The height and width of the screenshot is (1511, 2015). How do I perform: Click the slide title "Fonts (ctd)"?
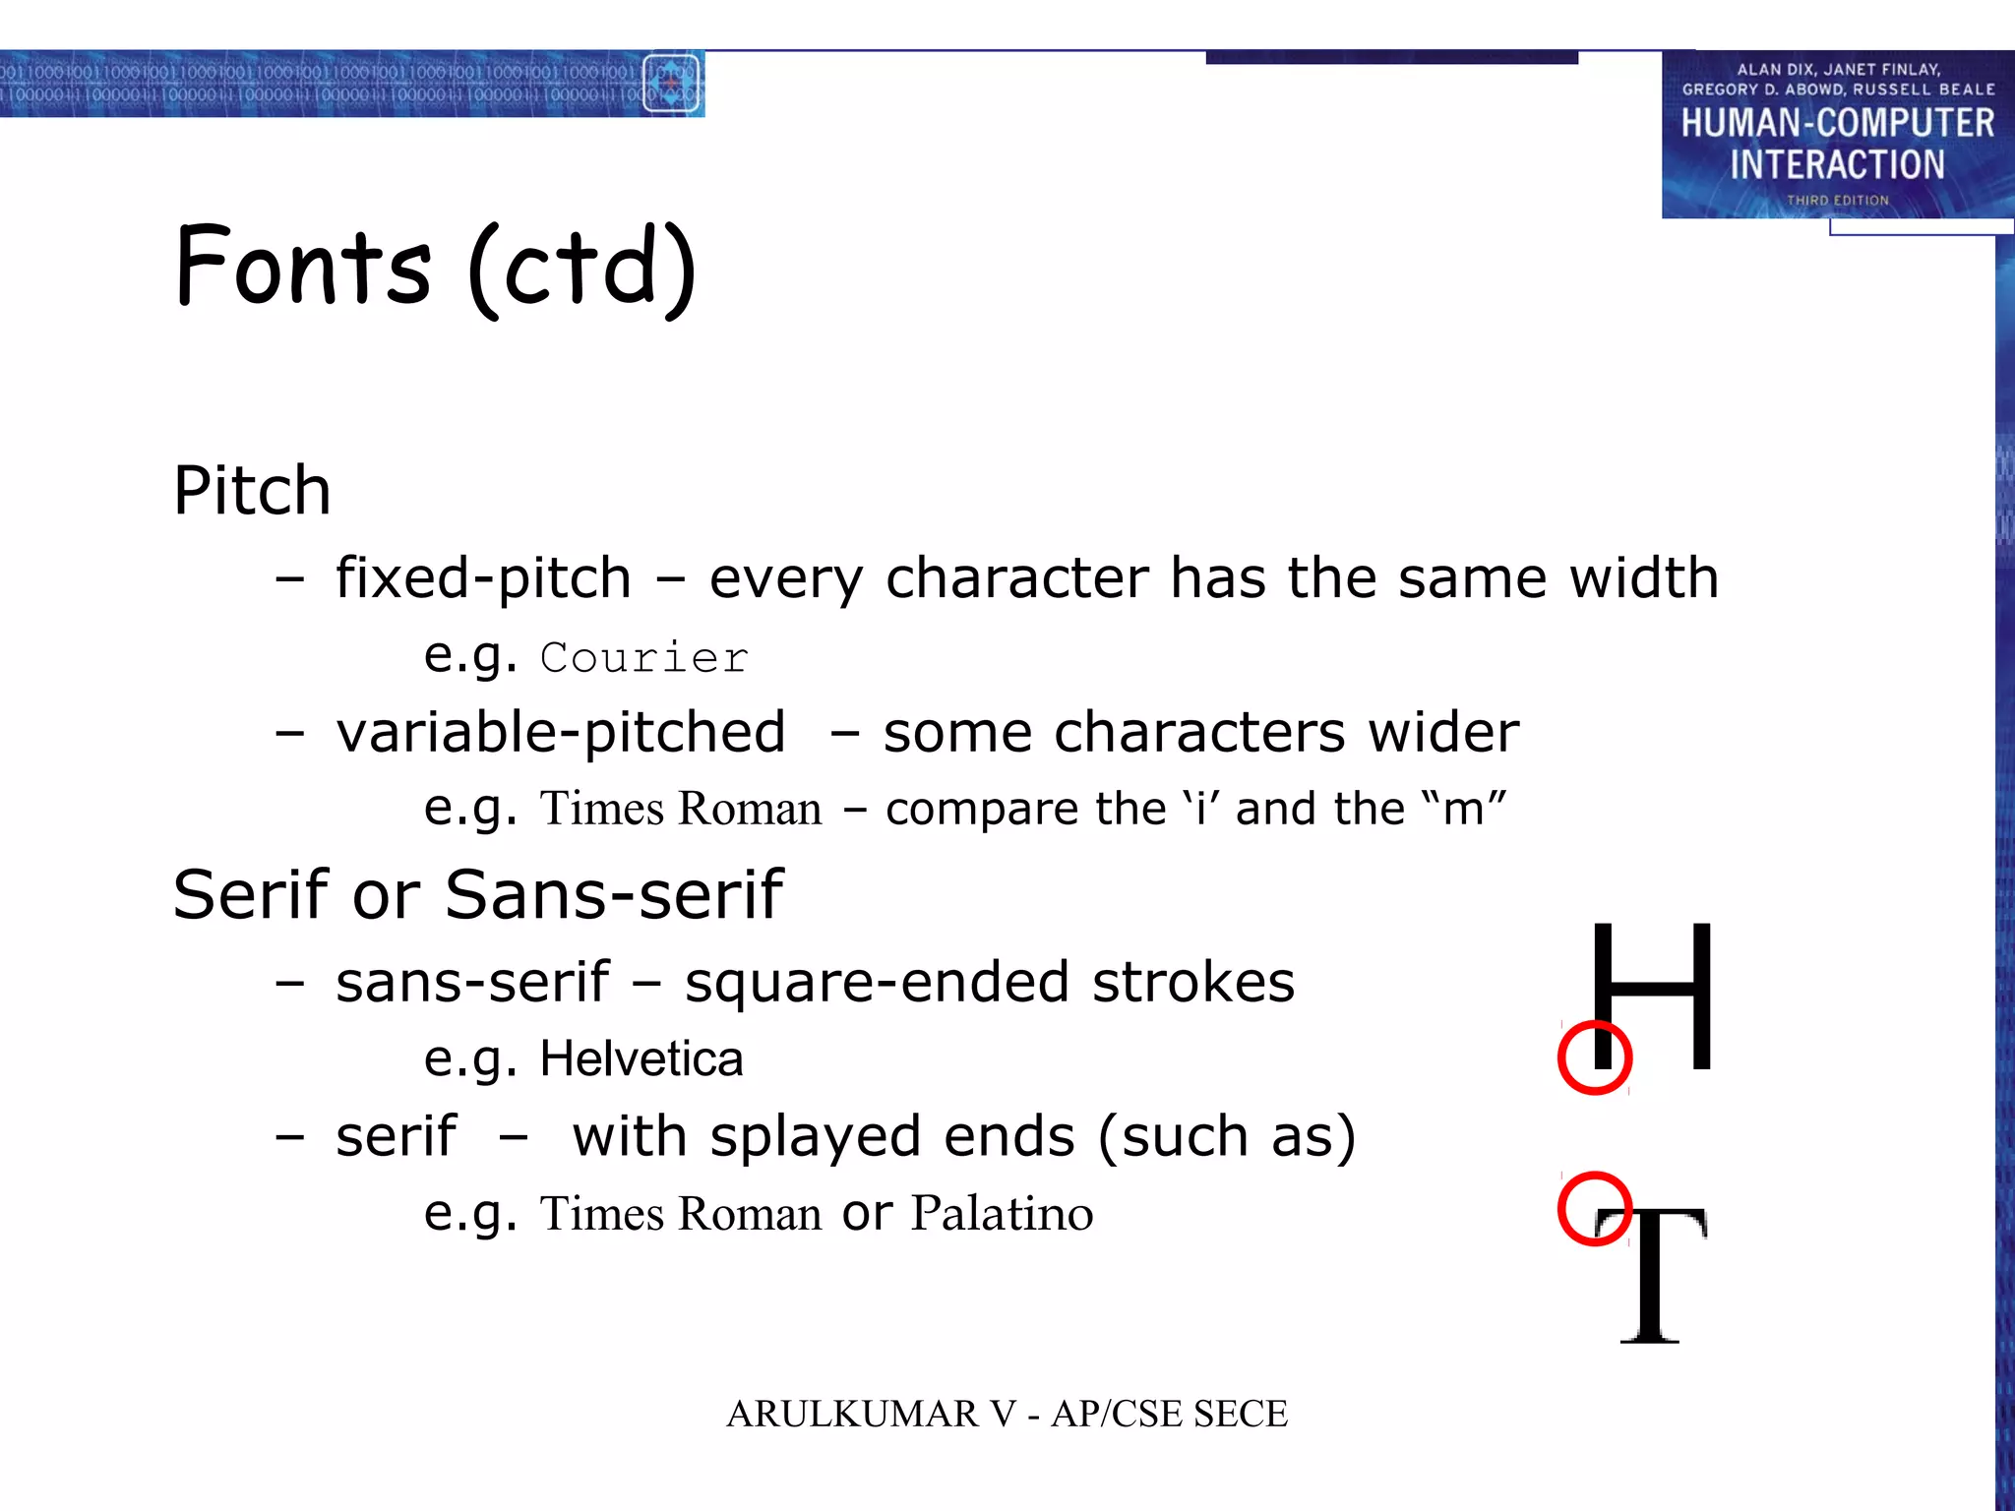(x=436, y=267)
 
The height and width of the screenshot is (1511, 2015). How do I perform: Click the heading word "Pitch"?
(x=252, y=490)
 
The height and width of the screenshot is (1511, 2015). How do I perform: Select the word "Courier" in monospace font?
(x=644, y=658)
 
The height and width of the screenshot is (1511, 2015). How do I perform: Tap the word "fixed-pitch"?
(x=483, y=577)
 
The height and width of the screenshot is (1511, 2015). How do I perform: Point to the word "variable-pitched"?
(x=561, y=733)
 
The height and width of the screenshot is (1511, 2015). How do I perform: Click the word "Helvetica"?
(x=641, y=1059)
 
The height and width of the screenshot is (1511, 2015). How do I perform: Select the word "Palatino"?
(x=1002, y=1213)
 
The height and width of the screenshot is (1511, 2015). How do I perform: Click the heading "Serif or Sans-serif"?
(x=478, y=895)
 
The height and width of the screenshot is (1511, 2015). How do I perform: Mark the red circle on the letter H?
(x=1595, y=1058)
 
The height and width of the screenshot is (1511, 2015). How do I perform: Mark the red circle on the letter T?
(x=1595, y=1209)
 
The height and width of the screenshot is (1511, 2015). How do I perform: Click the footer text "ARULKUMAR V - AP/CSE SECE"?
(x=1007, y=1414)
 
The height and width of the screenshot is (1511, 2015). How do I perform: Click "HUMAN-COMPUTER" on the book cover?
(x=1837, y=124)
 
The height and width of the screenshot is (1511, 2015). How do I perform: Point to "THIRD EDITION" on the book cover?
(x=1838, y=201)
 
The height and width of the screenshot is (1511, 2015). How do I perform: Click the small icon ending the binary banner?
(x=672, y=85)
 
